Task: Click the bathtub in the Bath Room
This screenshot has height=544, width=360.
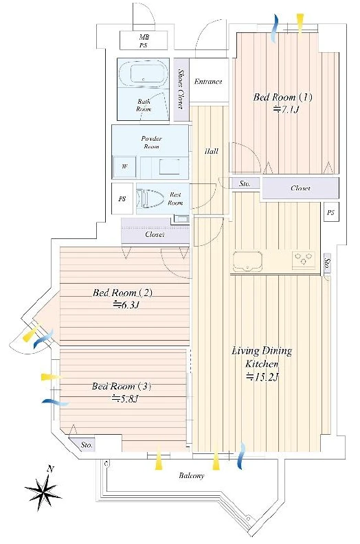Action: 143,73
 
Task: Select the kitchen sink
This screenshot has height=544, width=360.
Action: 247,261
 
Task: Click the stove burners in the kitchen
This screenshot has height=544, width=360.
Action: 304,259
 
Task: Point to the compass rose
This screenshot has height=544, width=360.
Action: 44,488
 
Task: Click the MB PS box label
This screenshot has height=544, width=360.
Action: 144,41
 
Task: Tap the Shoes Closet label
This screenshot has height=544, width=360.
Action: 181,89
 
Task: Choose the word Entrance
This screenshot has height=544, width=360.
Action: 208,82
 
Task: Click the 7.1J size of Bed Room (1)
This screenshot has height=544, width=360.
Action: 286,110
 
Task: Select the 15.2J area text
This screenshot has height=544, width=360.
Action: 262,377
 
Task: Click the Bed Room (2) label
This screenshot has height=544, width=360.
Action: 122,293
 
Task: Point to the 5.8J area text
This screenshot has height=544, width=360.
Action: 125,398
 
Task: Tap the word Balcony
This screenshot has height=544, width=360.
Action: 192,475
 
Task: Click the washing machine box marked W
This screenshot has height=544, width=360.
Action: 124,167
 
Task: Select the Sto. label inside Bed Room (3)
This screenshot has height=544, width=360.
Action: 87,445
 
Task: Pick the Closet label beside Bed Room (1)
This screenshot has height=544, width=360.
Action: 300,188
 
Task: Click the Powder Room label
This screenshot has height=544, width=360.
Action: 151,142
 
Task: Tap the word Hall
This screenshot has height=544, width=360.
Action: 212,151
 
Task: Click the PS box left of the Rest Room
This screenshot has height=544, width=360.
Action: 122,199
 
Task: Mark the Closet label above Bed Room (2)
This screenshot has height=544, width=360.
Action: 155,234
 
